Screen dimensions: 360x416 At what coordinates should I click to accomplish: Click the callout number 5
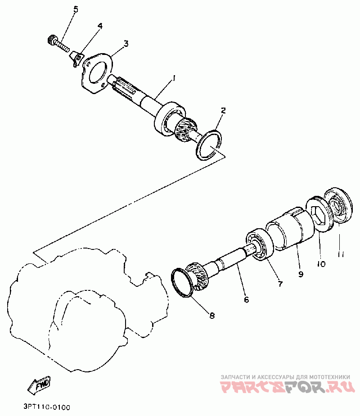(76, 9)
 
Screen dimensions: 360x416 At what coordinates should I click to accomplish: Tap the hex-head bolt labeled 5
(58, 44)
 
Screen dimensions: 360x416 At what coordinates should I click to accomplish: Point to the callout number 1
(174, 78)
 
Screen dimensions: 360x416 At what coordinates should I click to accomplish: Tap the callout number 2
(223, 111)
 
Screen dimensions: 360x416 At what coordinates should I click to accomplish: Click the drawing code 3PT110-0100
(47, 407)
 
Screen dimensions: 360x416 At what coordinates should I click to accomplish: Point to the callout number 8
(212, 316)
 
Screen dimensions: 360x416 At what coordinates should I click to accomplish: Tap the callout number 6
(246, 299)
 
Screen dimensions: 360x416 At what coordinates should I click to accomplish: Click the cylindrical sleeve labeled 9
(290, 228)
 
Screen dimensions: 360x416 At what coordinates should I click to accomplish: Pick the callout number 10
(321, 264)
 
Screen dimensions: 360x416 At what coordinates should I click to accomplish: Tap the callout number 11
(341, 255)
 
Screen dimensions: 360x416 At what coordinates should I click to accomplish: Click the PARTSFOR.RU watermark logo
(288, 387)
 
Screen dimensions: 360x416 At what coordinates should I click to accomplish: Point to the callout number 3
(126, 44)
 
